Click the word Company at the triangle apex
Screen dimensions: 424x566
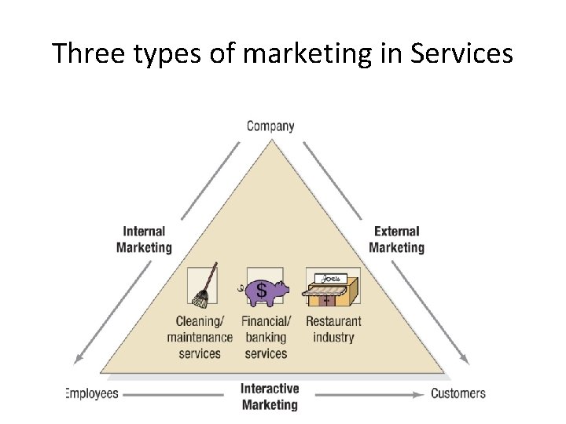coord(270,126)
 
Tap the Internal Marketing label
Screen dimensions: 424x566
coord(144,239)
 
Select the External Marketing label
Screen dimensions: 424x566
coord(396,239)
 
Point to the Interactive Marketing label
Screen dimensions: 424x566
coord(270,397)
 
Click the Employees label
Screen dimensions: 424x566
coord(92,393)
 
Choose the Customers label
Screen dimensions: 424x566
coord(458,393)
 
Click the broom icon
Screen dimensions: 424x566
coord(203,287)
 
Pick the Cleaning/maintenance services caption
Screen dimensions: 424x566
coord(200,337)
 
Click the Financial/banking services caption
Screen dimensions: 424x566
coord(266,337)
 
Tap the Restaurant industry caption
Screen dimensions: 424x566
coord(333,329)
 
